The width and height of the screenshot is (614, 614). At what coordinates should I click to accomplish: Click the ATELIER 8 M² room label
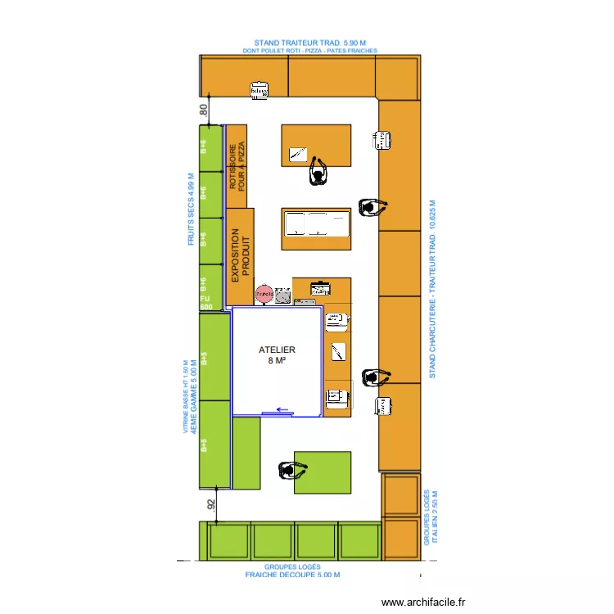pyautogui.click(x=276, y=354)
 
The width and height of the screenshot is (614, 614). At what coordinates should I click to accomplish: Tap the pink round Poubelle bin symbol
pyautogui.click(x=264, y=292)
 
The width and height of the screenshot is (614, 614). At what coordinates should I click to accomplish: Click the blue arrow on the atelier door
pyautogui.click(x=283, y=411)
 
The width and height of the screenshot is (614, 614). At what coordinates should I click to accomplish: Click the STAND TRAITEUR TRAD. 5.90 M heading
pyautogui.click(x=309, y=43)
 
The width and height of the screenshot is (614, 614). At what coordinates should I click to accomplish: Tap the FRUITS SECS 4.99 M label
pyautogui.click(x=191, y=210)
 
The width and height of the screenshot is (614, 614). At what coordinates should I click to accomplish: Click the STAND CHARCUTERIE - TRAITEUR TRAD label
pyautogui.click(x=433, y=289)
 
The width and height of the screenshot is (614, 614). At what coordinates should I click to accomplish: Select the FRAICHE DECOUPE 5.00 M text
pyautogui.click(x=292, y=575)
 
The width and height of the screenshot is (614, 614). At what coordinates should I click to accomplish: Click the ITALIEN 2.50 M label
pyautogui.click(x=436, y=516)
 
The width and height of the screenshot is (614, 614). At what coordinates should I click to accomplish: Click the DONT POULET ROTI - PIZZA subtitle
pyautogui.click(x=309, y=51)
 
